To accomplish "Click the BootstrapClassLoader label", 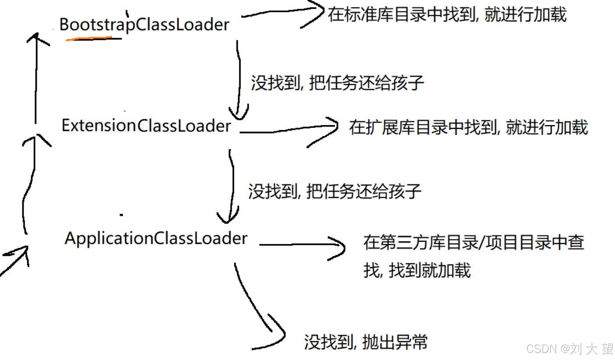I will (144, 24).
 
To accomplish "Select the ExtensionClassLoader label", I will (146, 126).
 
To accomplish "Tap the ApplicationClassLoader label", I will (156, 238).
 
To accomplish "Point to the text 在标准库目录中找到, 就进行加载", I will (447, 15).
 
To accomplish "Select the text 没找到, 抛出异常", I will (365, 342).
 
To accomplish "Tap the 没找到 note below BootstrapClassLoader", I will (337, 82).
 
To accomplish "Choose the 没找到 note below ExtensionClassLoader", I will (335, 191).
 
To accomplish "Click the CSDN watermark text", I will (569, 349).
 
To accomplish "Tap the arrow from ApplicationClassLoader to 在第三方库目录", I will (302, 245).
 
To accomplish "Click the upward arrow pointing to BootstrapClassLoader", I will (35, 79).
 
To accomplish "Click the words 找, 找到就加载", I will (417, 270).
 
